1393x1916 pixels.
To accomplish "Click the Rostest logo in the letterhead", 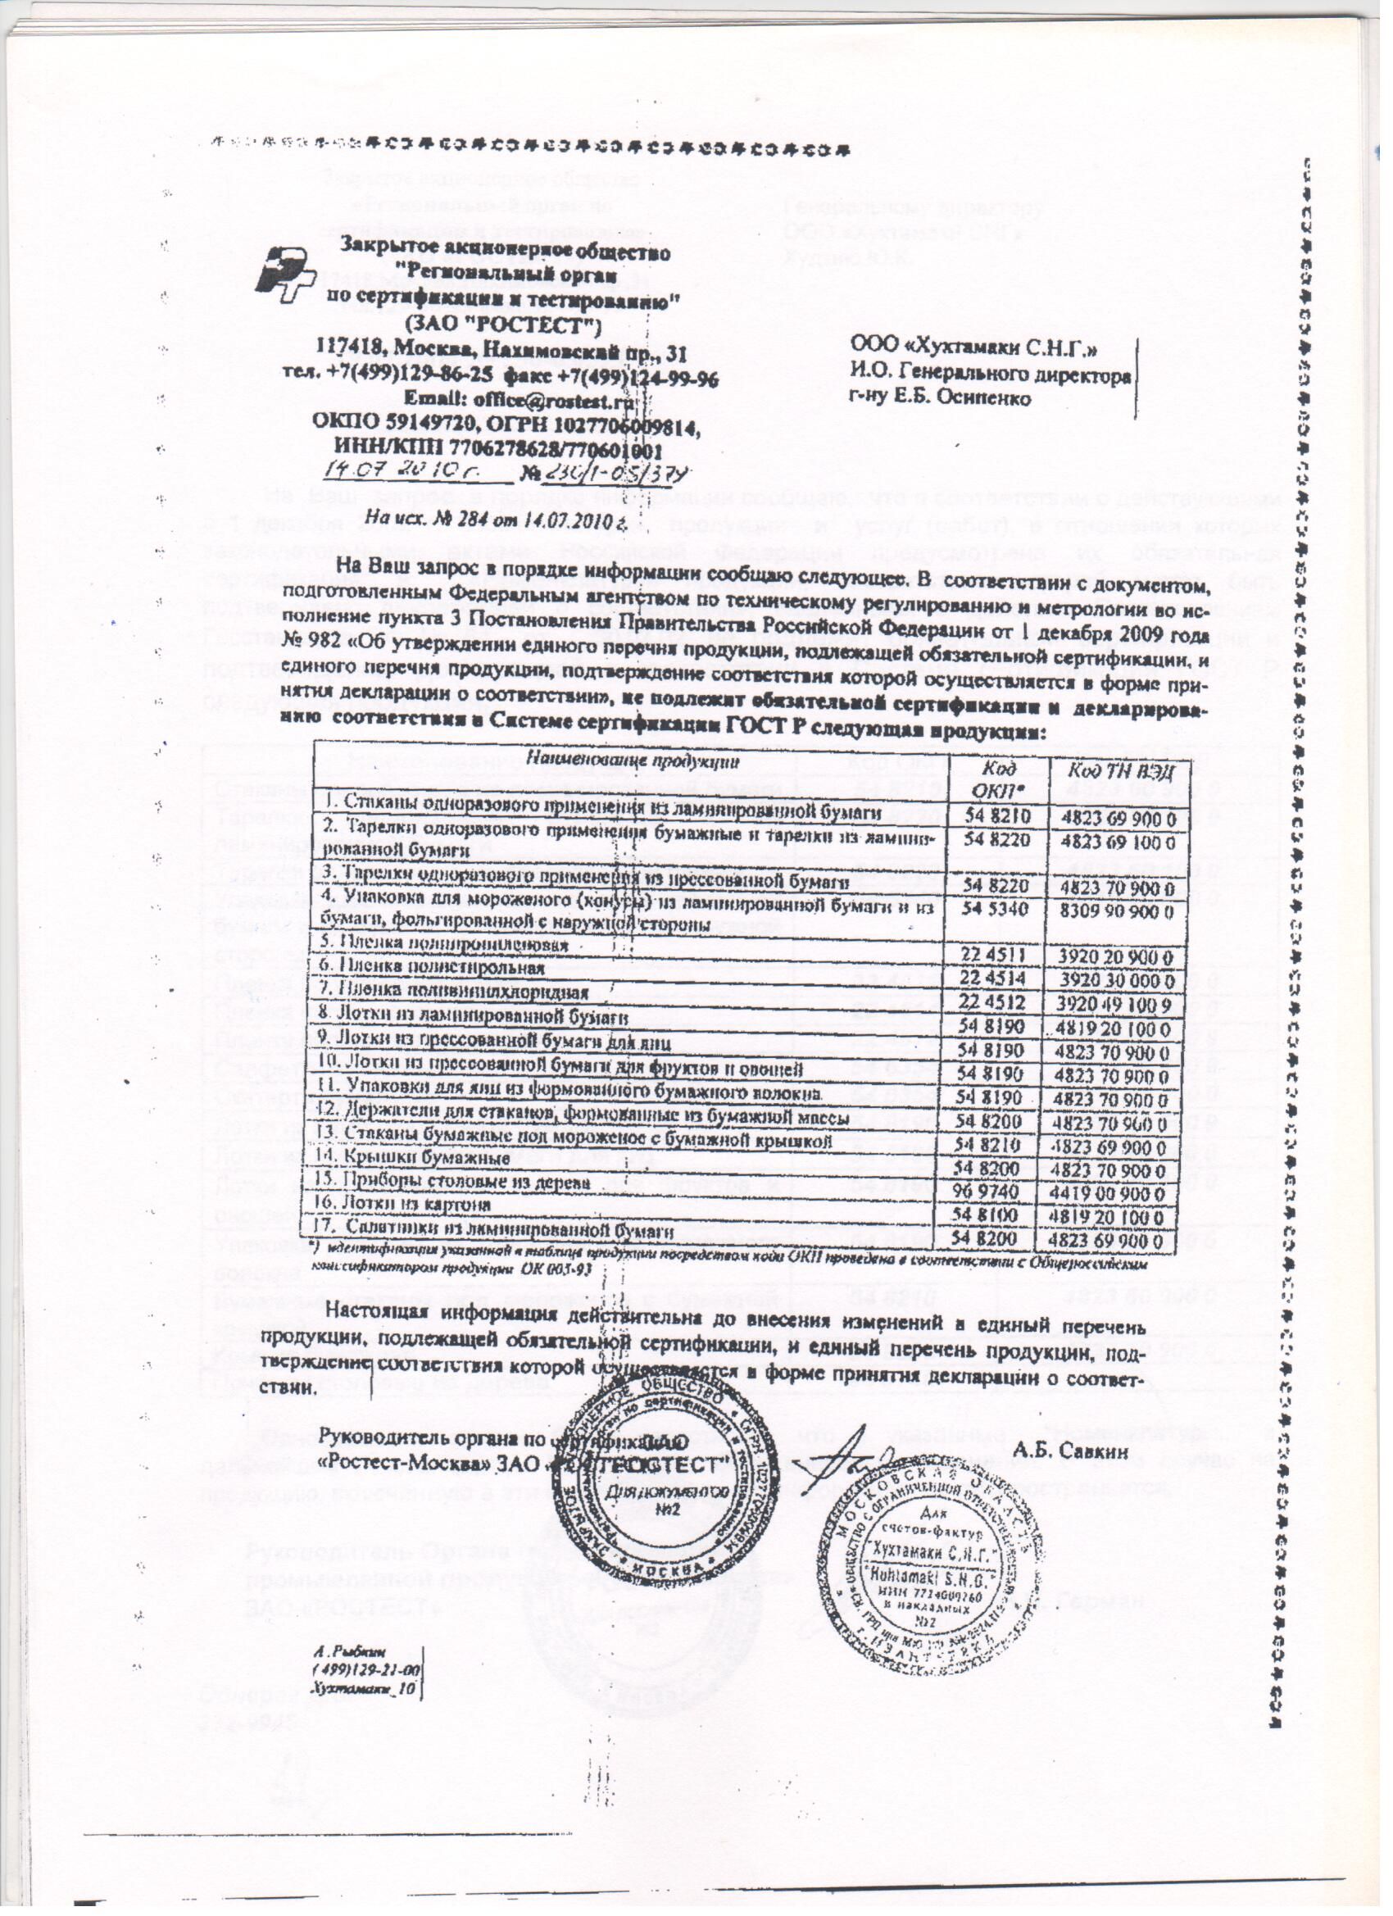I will coord(285,271).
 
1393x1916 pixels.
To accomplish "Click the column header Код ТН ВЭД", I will coord(1117,770).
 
